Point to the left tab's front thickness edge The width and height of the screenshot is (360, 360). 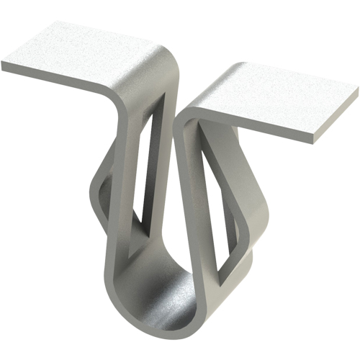point(58,78)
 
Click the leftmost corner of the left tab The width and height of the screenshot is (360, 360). point(4,65)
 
